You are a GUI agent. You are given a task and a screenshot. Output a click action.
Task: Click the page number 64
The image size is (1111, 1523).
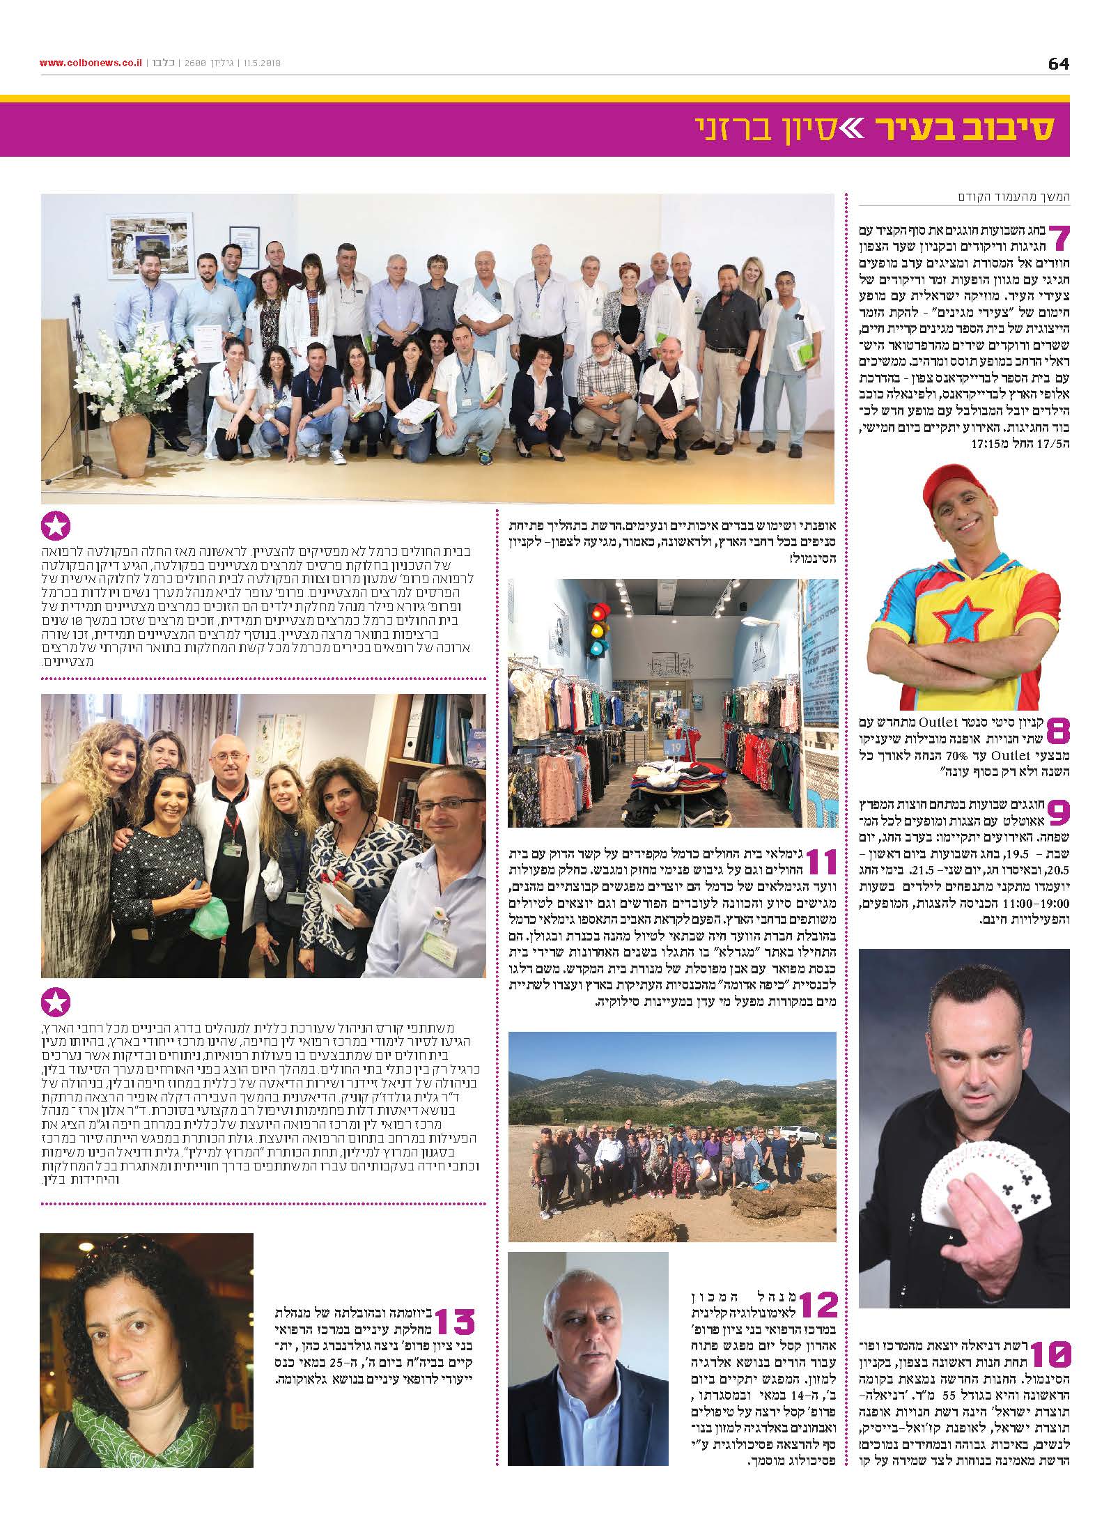pyautogui.click(x=1058, y=63)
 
